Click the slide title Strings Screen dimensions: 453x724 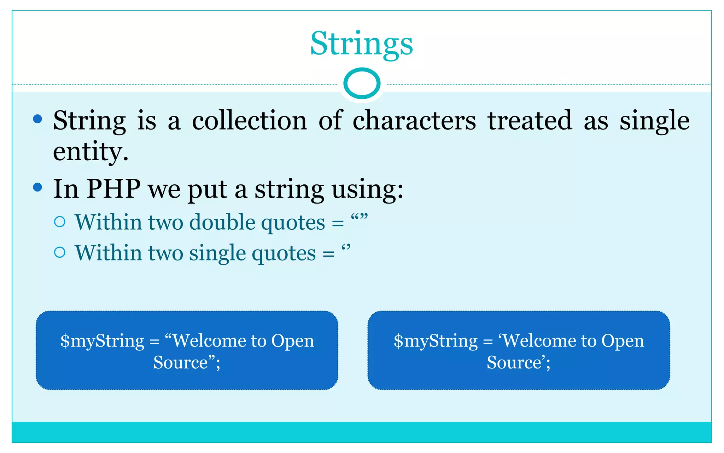[361, 44]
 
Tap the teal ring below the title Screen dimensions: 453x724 [362, 84]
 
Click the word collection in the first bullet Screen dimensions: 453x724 [249, 121]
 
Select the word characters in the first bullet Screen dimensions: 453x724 [414, 121]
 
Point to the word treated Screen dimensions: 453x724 [530, 121]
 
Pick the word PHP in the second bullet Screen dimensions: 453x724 [113, 189]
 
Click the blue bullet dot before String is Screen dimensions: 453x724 [37, 119]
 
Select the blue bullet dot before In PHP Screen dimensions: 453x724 [37, 187]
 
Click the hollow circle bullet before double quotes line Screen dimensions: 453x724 [60, 222]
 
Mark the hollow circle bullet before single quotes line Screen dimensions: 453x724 [60, 252]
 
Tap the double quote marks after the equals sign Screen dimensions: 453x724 [359, 217]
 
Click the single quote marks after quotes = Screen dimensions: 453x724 [346, 247]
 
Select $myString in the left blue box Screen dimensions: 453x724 [102, 341]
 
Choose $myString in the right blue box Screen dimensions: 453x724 [436, 341]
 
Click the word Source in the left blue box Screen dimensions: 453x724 [181, 362]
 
